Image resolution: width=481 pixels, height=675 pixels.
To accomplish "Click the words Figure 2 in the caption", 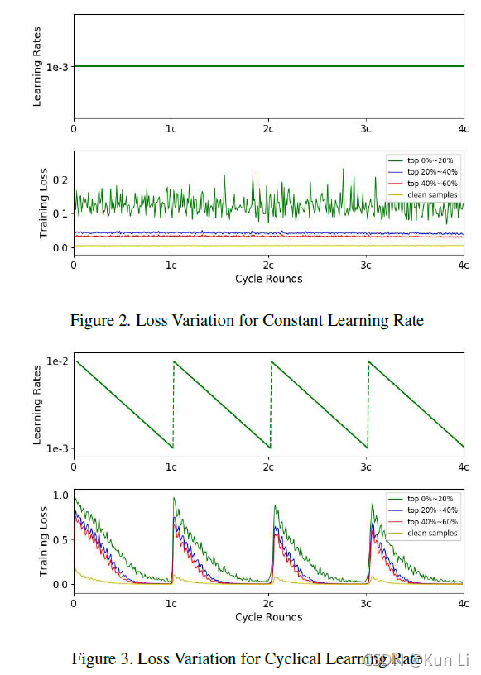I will pos(98,320).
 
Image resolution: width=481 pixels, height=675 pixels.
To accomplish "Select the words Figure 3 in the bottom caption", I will pos(99,658).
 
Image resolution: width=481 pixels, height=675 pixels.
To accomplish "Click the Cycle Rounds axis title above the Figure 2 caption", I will pos(268,279).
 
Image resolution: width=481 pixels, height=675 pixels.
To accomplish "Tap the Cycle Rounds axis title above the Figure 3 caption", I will pos(268,617).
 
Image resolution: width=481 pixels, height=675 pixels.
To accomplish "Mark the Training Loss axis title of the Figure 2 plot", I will pos(45,200).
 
